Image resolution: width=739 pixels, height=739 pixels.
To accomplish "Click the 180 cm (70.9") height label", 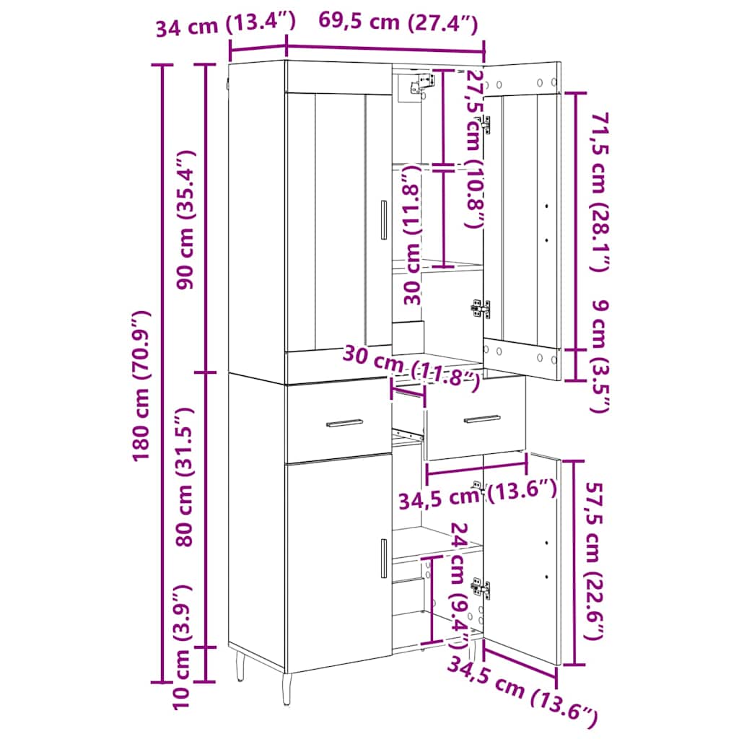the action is pos(141,385).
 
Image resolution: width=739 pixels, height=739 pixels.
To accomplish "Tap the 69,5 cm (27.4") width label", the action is pos(398,22).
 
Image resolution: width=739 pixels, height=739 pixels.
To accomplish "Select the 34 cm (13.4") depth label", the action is pos(226,24).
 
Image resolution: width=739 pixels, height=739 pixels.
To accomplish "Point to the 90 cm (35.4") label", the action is pos(185,219).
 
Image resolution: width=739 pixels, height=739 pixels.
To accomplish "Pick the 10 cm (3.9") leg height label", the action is pos(181,647).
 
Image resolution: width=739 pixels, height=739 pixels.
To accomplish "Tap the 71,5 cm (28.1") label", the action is pos(600,192).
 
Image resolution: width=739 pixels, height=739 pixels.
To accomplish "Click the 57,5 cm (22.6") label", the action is pos(595,561).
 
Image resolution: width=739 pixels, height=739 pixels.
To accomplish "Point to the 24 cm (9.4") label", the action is pos(459,585).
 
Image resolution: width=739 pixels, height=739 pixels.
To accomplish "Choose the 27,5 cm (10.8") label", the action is pos(474,149).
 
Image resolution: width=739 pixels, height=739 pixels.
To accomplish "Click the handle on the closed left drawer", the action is pos(344,423).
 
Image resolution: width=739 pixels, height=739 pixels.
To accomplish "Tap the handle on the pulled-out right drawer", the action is pos(482,419).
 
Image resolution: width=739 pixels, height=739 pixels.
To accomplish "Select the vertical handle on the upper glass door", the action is pos(384,219).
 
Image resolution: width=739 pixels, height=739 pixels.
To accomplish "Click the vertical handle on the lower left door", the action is pos(384,558).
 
